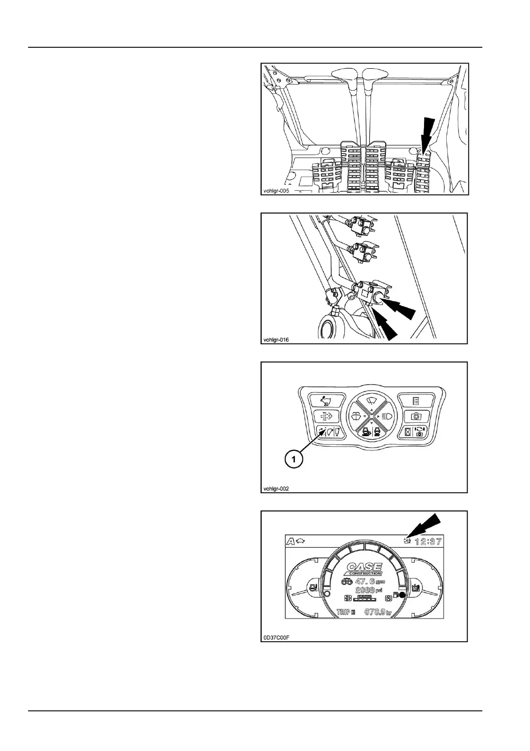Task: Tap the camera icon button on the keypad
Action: (416, 416)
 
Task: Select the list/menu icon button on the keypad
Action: (416, 400)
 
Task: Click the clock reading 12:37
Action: (428, 542)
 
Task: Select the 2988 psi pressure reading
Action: (367, 590)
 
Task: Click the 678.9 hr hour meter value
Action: (378, 612)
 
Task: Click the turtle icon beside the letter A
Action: (302, 541)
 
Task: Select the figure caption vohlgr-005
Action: (275, 191)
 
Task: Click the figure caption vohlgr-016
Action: (275, 340)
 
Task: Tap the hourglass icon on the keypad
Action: (407, 432)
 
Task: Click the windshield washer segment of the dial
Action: (356, 416)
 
